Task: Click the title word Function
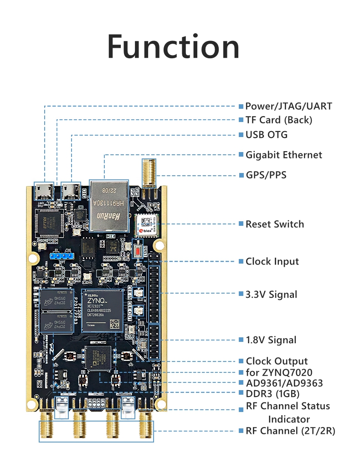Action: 173,46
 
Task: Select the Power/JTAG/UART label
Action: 288,107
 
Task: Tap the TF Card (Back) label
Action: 278,120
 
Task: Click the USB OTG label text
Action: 266,135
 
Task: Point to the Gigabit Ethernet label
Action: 283,155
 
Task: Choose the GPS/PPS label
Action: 266,175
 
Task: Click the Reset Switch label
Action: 274,224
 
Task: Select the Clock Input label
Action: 272,261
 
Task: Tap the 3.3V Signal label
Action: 271,294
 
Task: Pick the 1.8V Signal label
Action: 271,340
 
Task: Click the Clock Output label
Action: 277,361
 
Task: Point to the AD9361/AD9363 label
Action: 284,383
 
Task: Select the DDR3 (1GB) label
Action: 272,393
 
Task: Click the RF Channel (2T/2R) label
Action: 290,431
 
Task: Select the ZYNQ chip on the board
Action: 103,310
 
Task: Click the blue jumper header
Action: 61,256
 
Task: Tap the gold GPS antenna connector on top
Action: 148,175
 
